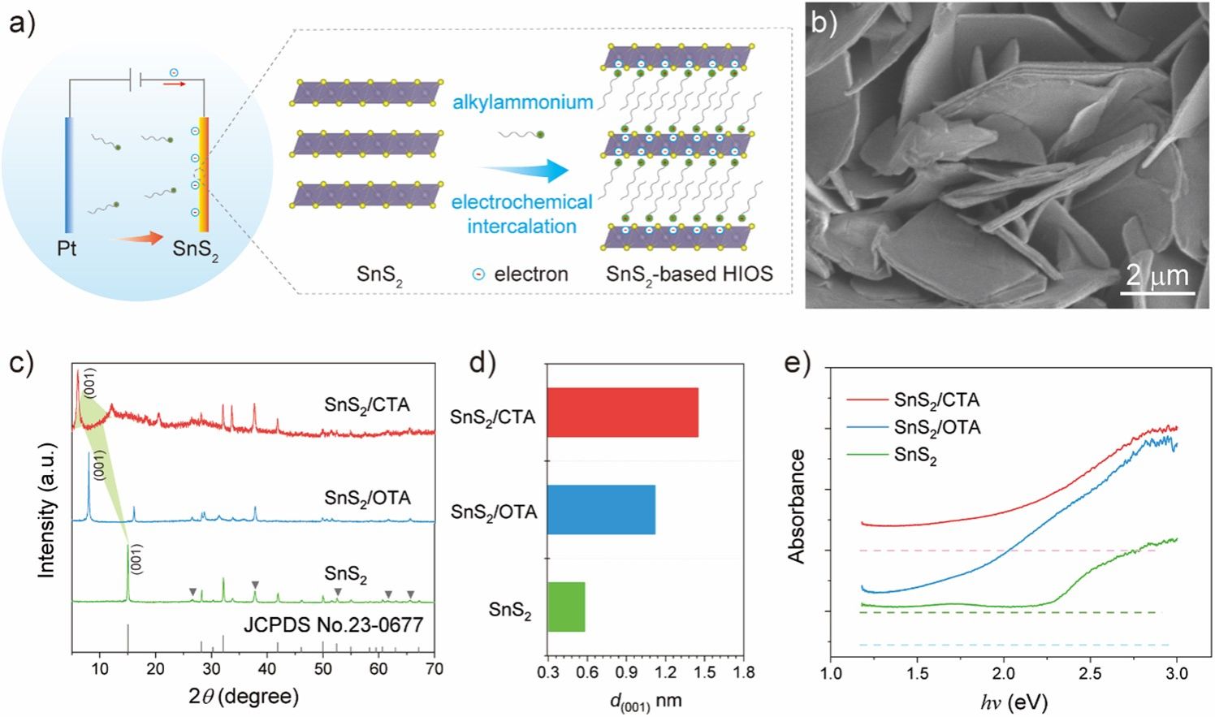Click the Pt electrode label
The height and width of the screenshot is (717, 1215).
(67, 248)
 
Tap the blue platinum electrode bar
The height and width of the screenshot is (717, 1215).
(70, 174)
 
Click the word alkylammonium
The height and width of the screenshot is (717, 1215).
(522, 102)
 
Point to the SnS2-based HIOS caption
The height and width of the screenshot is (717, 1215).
(689, 274)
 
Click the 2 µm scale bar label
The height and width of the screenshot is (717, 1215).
(1157, 276)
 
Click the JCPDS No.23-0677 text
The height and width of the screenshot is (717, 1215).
(334, 625)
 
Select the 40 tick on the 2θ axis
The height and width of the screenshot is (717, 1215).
(267, 669)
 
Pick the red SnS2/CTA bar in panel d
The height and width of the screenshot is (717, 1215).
(622, 412)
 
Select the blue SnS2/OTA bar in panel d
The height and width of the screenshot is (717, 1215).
(601, 510)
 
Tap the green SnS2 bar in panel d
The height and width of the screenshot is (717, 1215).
(566, 607)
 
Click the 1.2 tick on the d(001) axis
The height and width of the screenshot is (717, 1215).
(665, 672)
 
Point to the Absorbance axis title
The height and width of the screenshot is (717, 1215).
(796, 506)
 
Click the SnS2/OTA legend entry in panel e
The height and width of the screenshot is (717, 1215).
(936, 427)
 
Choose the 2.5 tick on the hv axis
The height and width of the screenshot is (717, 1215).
(1090, 673)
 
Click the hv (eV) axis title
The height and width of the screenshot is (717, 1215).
(1014, 700)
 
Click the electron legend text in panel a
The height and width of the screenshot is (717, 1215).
(530, 274)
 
